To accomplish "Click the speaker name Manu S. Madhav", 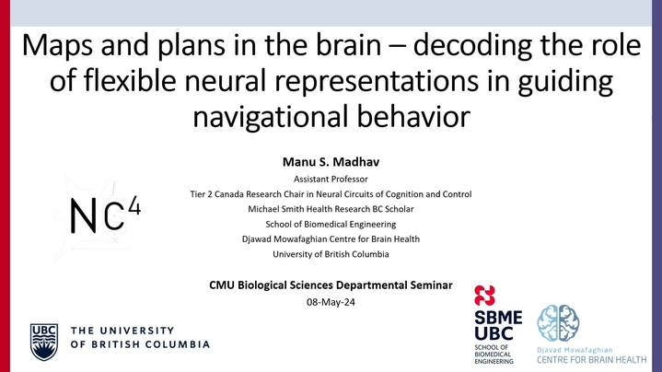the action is tap(331, 162).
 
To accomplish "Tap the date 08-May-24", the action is tap(331, 302).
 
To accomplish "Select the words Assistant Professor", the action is tap(331, 179).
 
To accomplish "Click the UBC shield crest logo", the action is tap(44, 342).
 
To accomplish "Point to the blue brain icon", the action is tap(558, 323).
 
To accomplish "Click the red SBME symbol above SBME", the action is tap(484, 296).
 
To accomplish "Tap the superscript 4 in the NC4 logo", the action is tap(134, 205).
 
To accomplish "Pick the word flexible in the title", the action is tap(130, 80).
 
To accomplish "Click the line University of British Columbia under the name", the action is tap(331, 254).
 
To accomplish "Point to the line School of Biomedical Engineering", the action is tap(331, 225).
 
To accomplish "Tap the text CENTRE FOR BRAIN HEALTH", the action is tap(591, 360).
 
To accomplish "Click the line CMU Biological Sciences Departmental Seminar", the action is tap(331, 285).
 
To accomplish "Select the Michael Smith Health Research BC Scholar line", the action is tap(331, 209).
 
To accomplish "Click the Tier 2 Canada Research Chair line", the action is tap(331, 194).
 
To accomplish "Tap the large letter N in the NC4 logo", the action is tap(83, 215).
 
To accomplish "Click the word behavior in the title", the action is tap(413, 117).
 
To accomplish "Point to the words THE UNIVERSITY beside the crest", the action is tap(122, 331).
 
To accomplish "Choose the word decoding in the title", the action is tap(473, 46).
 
